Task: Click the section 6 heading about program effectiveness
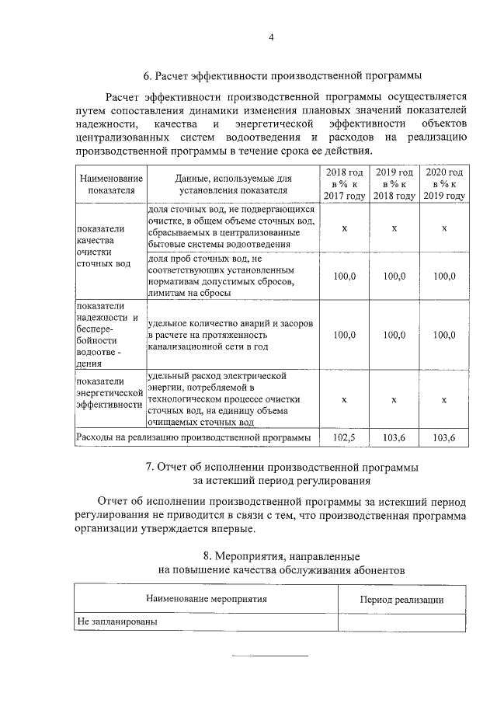283,76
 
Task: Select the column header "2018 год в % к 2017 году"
344,184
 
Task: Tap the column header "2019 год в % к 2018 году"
394,184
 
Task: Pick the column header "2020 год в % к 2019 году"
444,184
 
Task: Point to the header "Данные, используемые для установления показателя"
233,184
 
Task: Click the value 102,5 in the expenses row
344,438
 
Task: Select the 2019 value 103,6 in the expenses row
394,438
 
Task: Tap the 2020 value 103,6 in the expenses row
444,438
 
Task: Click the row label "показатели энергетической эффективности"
109,393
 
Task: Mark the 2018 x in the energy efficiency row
344,399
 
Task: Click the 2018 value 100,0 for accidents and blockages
344,335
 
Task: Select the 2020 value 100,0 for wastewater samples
444,276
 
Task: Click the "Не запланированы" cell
116,622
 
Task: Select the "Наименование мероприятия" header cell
207,600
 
